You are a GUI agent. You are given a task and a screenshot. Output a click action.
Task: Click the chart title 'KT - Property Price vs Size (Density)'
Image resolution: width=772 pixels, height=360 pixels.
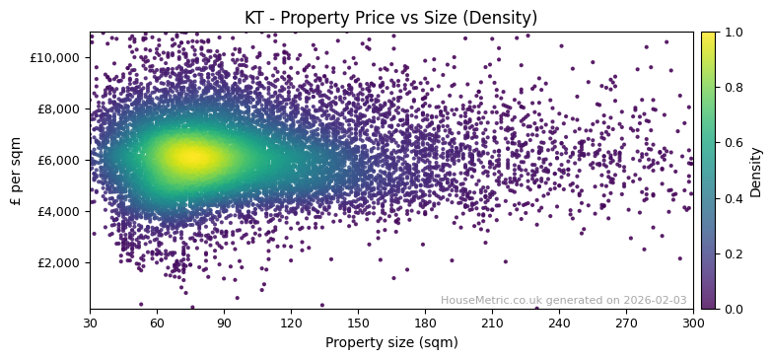390,18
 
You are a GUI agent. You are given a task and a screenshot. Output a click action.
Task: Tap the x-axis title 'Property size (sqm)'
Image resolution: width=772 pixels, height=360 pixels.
390,343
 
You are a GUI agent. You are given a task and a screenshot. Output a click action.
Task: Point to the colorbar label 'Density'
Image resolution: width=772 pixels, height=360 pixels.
756,171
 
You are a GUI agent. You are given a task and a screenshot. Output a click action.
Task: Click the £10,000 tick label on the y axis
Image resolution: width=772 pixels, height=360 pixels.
55,57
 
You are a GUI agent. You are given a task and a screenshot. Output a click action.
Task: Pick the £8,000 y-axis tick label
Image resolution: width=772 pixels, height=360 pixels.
58,108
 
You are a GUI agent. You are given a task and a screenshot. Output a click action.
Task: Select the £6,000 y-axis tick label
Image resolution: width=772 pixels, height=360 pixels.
58,160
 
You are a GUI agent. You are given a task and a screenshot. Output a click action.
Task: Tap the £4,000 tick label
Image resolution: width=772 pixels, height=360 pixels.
58,211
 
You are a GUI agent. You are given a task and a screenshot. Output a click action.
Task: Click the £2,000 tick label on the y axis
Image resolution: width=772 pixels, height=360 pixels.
58,262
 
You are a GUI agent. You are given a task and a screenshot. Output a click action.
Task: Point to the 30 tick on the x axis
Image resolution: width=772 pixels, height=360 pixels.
90,323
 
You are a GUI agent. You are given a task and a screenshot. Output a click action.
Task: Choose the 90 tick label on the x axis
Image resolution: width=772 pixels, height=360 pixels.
224,323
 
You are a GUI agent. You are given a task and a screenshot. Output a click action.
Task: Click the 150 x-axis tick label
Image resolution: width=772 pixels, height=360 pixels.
358,323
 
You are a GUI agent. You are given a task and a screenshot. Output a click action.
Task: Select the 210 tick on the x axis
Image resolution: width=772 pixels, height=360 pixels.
492,323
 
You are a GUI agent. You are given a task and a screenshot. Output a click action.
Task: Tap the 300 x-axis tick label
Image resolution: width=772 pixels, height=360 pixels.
693,323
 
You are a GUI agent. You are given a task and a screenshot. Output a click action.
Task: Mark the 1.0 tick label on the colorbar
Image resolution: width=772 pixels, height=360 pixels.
734,32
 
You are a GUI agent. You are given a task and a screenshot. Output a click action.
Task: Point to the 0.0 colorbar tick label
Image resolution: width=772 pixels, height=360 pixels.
734,309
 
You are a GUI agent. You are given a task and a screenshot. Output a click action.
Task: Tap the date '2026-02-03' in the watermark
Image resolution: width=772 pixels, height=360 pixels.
656,300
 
